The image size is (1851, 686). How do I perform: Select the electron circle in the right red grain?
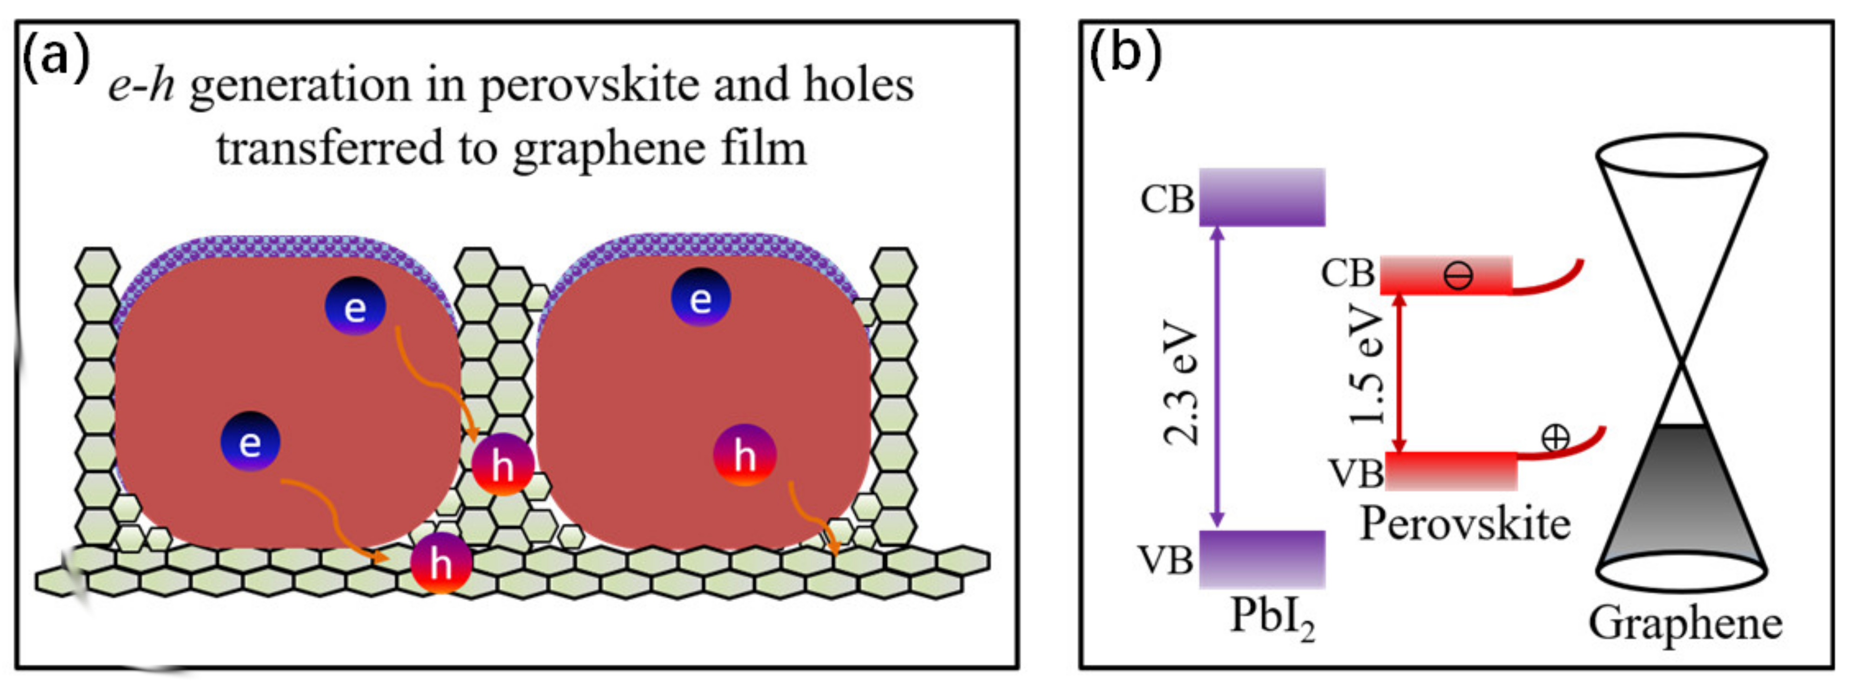(700, 297)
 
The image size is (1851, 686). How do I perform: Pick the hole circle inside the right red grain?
(745, 455)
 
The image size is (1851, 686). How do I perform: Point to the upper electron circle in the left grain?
(355, 307)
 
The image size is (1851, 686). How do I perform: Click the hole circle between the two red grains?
(502, 465)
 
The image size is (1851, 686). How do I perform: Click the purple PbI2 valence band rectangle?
(1262, 559)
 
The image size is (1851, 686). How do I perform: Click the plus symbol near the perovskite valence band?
(1556, 437)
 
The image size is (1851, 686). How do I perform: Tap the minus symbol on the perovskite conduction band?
(1458, 275)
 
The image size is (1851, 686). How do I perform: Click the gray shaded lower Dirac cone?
(1681, 495)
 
